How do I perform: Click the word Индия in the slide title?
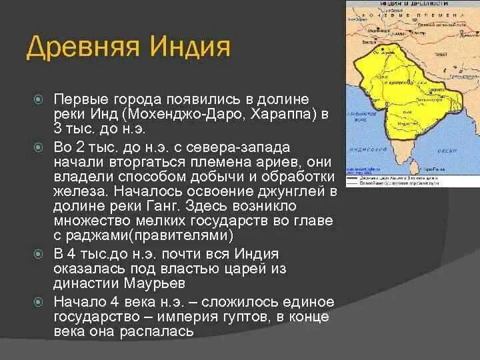tap(194, 49)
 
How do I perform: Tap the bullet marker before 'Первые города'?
tap(39, 99)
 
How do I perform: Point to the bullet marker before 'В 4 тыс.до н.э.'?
tap(39, 254)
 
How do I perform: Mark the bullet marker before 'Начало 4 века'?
tap(39, 301)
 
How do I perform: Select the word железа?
tap(77, 191)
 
